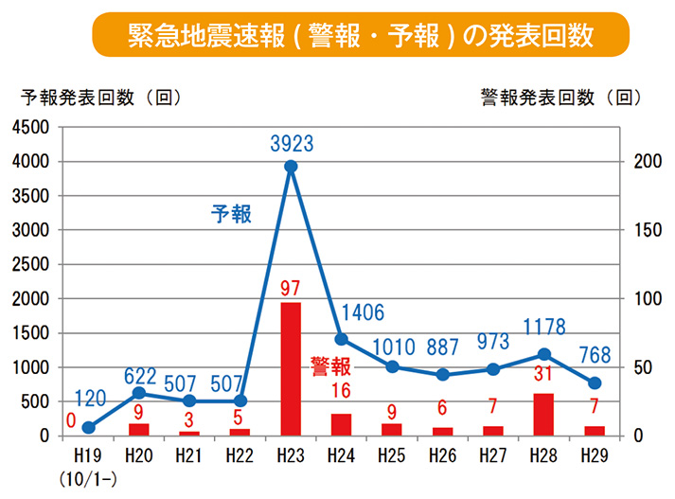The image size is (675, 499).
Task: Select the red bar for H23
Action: click(291, 369)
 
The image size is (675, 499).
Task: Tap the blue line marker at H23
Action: click(291, 167)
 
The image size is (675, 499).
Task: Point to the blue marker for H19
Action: click(88, 427)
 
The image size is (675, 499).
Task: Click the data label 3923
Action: click(291, 144)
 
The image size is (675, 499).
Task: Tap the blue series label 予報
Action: click(231, 214)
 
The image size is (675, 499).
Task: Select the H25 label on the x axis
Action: click(392, 454)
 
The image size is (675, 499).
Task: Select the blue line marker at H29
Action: click(595, 383)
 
